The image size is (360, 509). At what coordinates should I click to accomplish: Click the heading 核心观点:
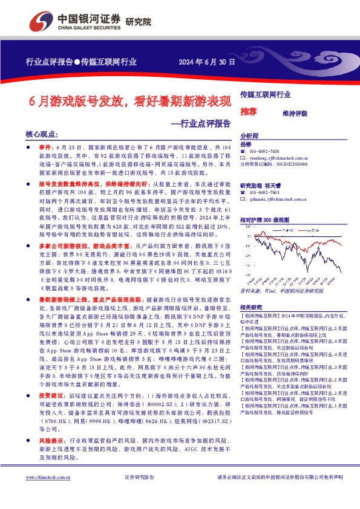click(x=42, y=135)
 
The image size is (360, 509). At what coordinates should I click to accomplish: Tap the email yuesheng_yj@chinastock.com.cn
click(x=279, y=157)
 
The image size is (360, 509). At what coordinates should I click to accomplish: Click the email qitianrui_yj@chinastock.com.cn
click(x=279, y=198)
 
